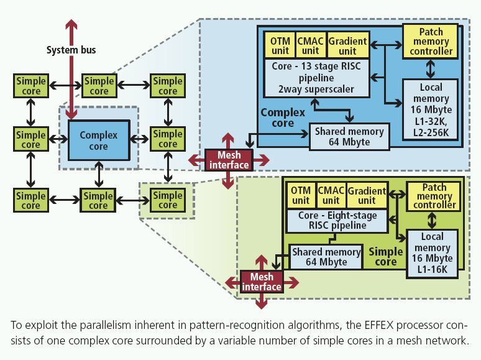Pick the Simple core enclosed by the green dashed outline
pyautogui.click(x=167, y=200)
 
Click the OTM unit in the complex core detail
pyautogui.click(x=279, y=45)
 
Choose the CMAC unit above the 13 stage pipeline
pyautogui.click(x=311, y=45)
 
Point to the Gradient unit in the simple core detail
pyautogui.click(x=367, y=195)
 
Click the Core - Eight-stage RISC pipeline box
pyautogui.click(x=337, y=219)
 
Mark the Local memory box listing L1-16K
pyautogui.click(x=433, y=253)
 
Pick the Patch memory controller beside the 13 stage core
pyautogui.click(x=431, y=40)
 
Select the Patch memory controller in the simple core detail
pyautogui.click(x=434, y=195)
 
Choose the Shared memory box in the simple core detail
pyautogui.click(x=326, y=256)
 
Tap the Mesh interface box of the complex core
pyautogui.click(x=229, y=160)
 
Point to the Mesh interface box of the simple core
pyautogui.click(x=262, y=282)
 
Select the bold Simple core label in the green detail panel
pyautogui.click(x=386, y=256)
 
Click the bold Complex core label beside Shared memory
pyautogui.click(x=283, y=118)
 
